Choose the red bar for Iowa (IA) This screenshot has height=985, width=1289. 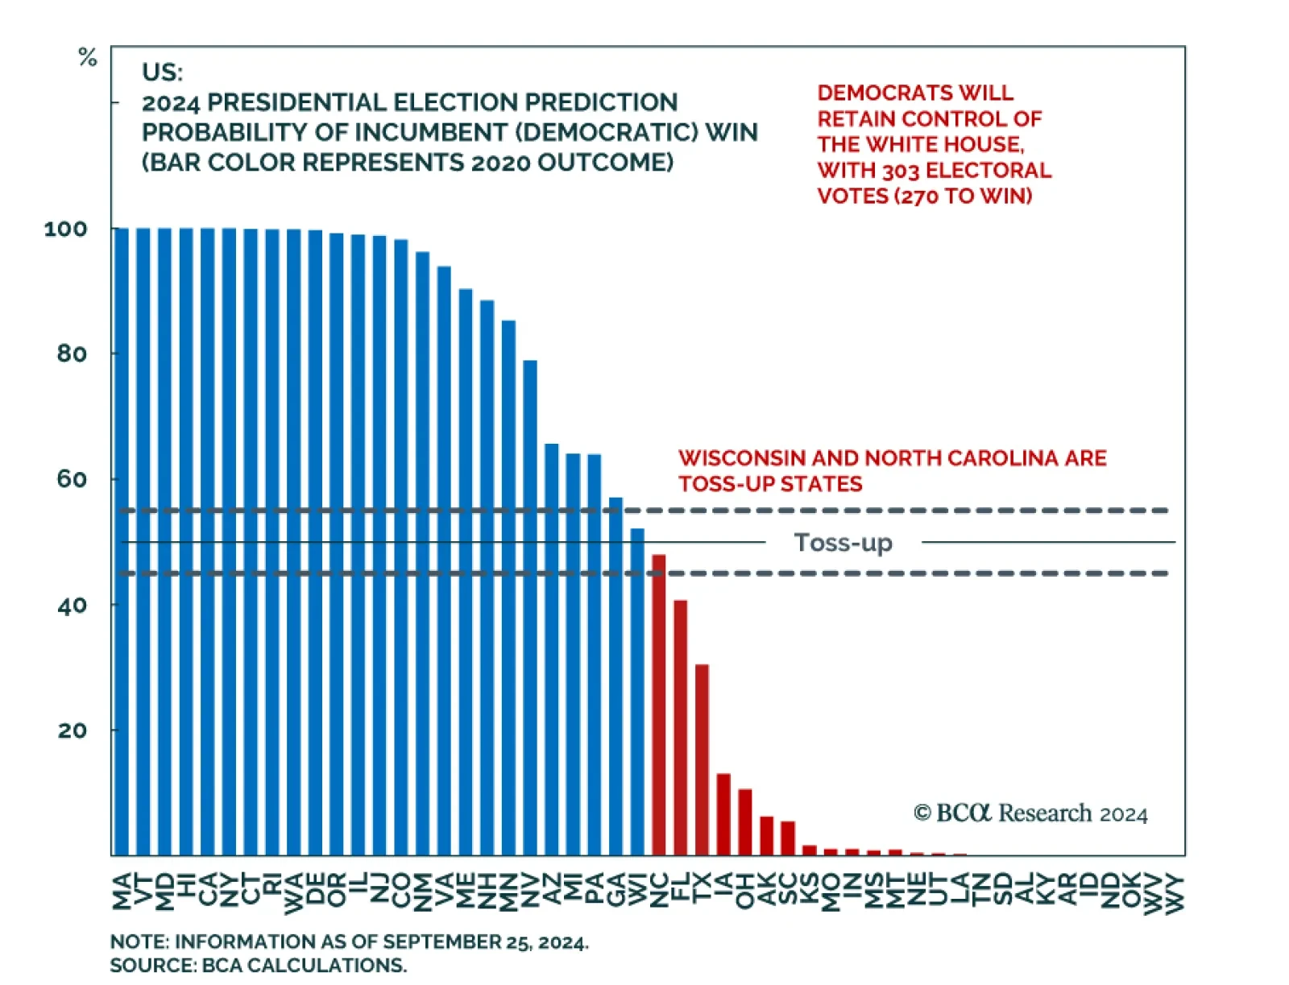(723, 814)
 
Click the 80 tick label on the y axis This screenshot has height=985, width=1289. (72, 354)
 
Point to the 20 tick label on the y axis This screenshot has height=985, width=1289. (72, 730)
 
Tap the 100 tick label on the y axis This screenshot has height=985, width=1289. (65, 229)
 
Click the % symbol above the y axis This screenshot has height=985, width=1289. (87, 57)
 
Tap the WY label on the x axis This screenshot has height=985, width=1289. (1175, 893)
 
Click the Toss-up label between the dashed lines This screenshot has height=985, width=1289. (843, 542)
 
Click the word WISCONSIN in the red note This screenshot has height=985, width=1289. (742, 458)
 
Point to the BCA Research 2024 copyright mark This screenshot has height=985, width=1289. (1030, 813)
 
